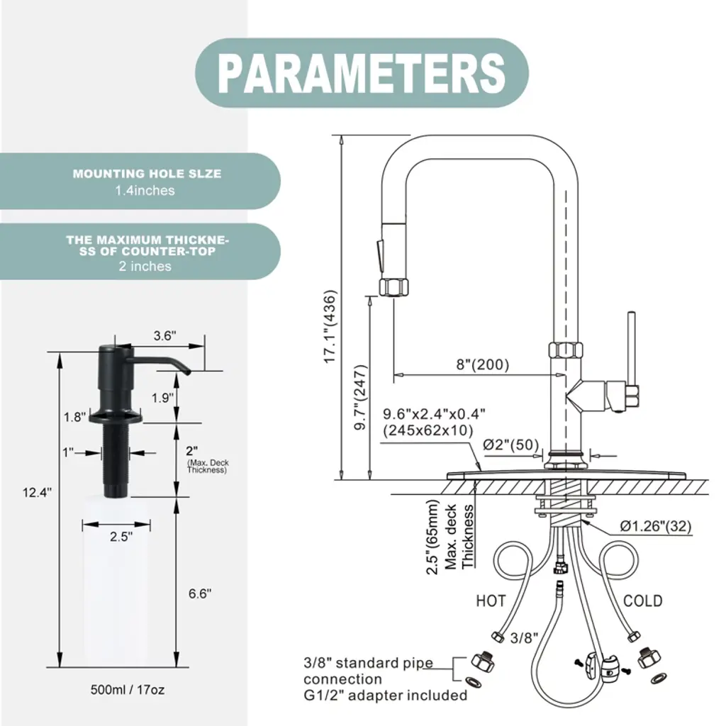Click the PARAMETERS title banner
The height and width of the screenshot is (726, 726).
coord(362,73)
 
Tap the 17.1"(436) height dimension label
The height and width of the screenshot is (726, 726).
coord(330,327)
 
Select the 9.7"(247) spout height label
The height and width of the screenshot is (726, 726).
coord(360,397)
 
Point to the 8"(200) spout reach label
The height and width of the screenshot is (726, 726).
coord(482,364)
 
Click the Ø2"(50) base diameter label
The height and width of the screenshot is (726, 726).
coord(510,445)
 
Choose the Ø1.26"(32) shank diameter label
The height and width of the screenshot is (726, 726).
coord(656,526)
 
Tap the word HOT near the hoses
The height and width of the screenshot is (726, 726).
coord(491,601)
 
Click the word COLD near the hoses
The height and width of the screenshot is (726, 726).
coord(642,601)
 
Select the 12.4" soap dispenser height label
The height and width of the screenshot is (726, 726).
coord(37,492)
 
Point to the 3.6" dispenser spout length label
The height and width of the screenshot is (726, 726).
coord(164,335)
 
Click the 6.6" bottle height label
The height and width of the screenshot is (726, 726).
coord(200,593)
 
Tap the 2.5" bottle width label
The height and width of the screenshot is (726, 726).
coord(121,537)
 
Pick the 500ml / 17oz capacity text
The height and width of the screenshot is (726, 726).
coord(128,689)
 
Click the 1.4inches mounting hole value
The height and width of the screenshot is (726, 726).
coord(145,190)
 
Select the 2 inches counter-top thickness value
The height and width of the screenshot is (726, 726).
coord(145,267)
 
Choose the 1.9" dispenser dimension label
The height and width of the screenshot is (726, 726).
coord(162,398)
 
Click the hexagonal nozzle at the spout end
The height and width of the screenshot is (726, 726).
coord(393,287)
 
